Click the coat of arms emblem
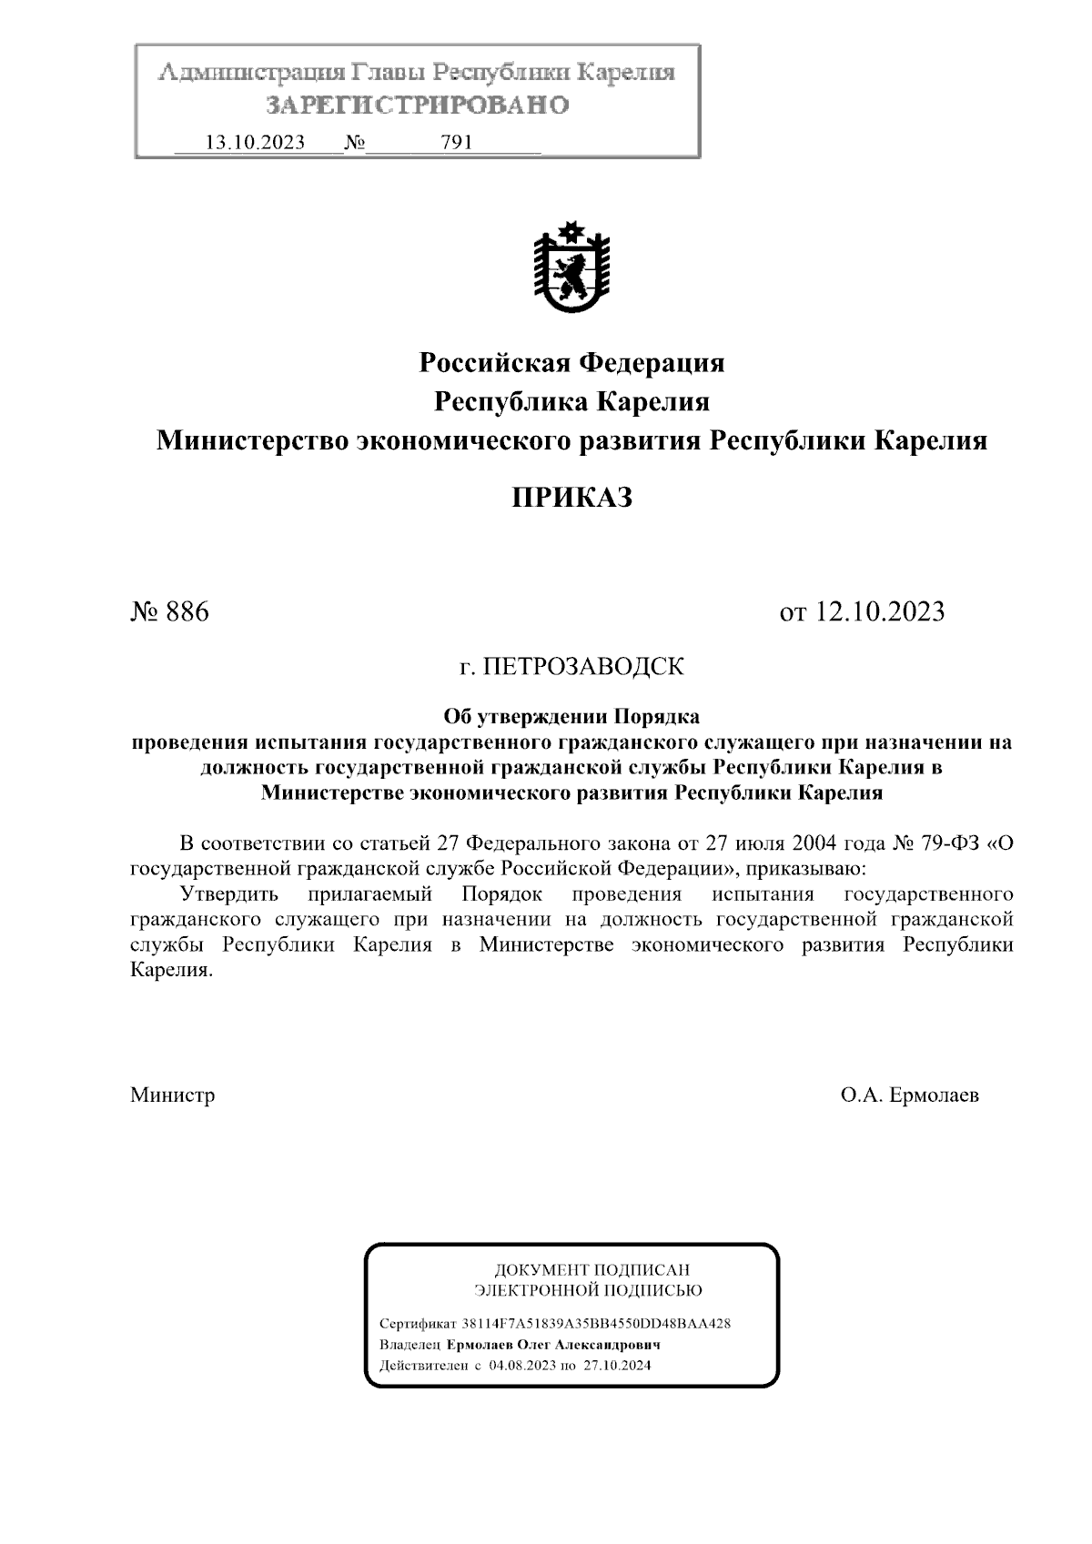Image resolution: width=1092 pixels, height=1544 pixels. pyautogui.click(x=571, y=266)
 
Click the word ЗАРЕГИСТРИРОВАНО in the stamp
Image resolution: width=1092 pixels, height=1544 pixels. pyautogui.click(x=418, y=106)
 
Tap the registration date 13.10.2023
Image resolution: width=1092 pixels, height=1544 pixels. pyautogui.click(x=255, y=143)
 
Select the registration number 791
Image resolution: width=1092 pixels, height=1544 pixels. pyautogui.click(x=455, y=143)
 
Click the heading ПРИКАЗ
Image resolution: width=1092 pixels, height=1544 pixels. pyautogui.click(x=571, y=498)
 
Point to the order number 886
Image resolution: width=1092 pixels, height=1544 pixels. pyautogui.click(x=187, y=611)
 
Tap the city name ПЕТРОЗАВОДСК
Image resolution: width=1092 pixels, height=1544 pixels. pyautogui.click(x=582, y=667)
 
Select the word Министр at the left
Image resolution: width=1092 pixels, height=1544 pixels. pyautogui.click(x=173, y=1095)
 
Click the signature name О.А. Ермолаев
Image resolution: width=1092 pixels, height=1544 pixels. pyautogui.click(x=910, y=1095)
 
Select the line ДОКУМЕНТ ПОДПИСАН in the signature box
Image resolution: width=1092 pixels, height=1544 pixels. pyautogui.click(x=591, y=1269)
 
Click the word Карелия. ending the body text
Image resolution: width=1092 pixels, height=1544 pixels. pyautogui.click(x=171, y=970)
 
